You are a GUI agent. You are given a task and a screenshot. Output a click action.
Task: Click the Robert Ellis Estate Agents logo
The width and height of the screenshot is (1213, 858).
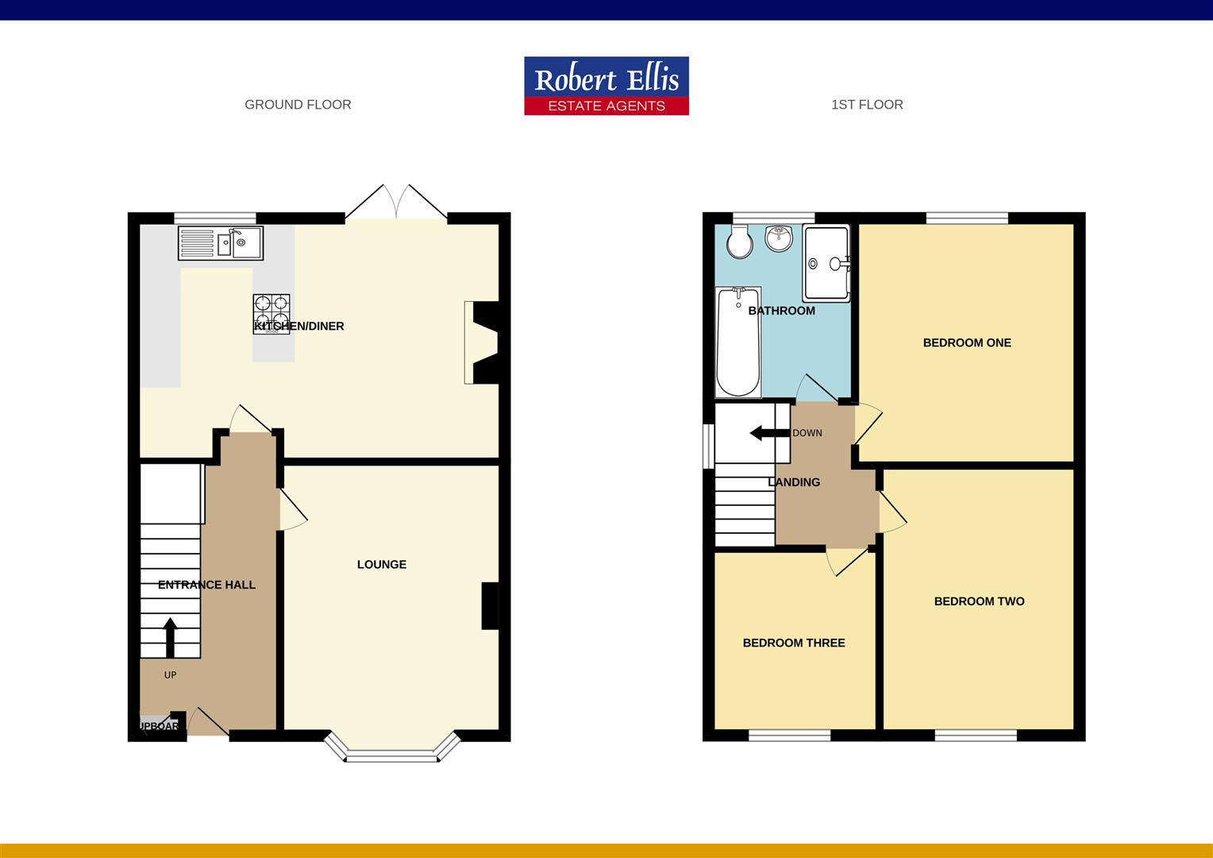coord(606,86)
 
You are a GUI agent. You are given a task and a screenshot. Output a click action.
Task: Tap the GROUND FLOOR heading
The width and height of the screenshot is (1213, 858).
coord(298,105)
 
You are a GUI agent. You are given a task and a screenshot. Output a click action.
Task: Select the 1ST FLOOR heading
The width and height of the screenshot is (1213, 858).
coord(867,105)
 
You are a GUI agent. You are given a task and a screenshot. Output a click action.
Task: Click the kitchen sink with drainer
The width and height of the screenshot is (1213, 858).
coord(221,243)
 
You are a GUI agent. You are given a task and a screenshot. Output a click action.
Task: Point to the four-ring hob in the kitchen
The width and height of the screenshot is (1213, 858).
coord(271,314)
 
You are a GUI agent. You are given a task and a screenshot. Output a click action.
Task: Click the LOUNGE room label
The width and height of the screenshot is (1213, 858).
coord(382,565)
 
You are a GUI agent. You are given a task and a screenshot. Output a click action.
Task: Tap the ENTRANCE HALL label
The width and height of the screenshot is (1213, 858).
coord(206,585)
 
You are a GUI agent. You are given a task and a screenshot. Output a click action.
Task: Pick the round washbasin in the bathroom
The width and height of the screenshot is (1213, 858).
coord(780,238)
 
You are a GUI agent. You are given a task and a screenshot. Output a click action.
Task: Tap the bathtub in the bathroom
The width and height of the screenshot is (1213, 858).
coord(738,342)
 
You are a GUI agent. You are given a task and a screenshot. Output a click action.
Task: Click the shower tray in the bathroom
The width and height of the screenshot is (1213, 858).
coord(826,263)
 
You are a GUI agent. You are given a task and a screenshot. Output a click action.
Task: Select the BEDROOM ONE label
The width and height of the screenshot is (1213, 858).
coord(967,343)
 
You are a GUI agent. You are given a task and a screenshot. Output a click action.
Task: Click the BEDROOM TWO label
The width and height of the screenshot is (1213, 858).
coord(979,601)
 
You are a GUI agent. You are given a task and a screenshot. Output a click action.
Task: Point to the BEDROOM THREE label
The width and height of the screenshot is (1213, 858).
coord(794,643)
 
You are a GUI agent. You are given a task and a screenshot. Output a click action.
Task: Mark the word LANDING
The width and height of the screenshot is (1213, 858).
coord(794,482)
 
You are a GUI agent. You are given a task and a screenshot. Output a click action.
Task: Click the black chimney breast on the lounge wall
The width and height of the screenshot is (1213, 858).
coord(491,606)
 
